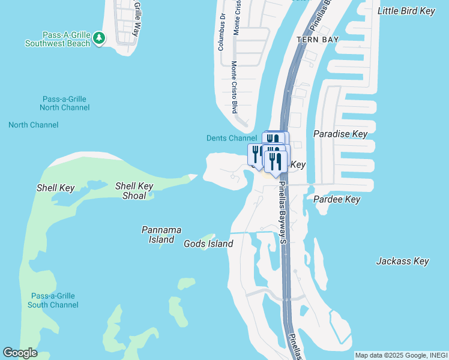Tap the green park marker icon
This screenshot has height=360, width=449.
100,39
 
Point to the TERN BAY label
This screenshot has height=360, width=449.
318,40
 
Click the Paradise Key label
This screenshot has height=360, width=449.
340,134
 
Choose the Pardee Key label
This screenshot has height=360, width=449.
337,199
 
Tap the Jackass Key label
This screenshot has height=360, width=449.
402,261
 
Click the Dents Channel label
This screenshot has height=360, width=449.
232,138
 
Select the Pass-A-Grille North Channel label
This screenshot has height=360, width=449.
64,103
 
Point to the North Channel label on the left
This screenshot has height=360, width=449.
34,125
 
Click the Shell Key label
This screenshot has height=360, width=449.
55,188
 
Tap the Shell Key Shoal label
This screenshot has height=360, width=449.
134,191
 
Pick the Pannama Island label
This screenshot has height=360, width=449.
161,235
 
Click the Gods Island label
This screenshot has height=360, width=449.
208,244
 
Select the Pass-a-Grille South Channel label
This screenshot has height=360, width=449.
53,300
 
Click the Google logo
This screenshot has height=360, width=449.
20,353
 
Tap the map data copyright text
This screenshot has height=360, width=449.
400,355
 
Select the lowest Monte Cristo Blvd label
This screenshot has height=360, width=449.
235,88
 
